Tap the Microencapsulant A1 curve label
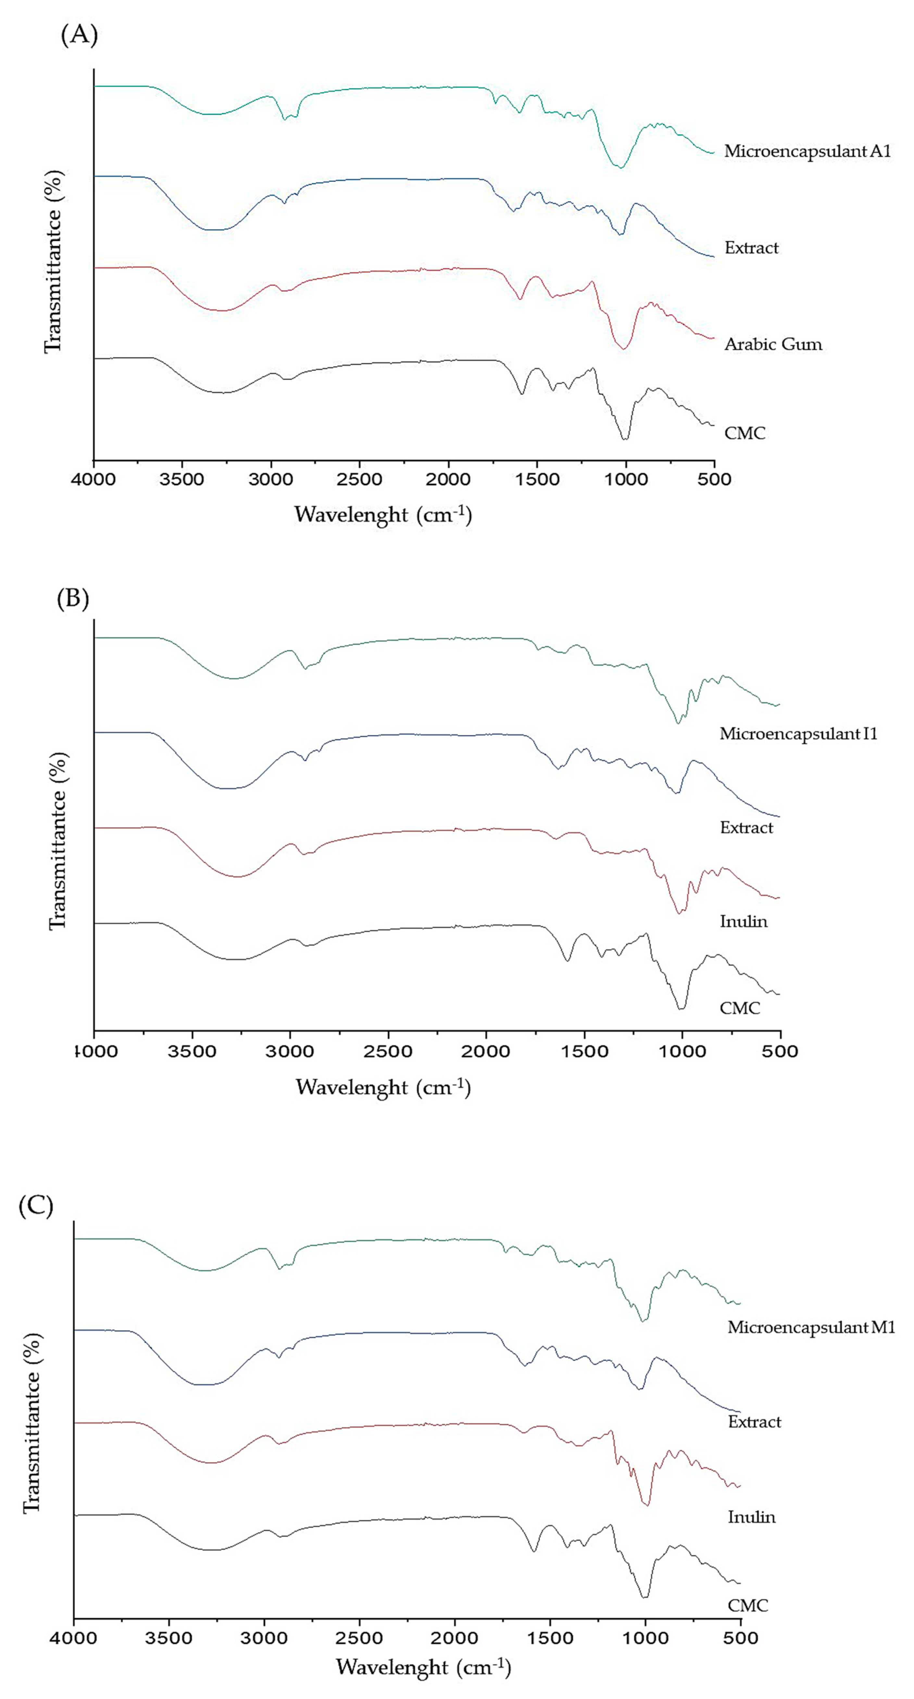807,151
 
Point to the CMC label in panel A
745,433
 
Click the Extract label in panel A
751,248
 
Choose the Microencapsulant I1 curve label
798,733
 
